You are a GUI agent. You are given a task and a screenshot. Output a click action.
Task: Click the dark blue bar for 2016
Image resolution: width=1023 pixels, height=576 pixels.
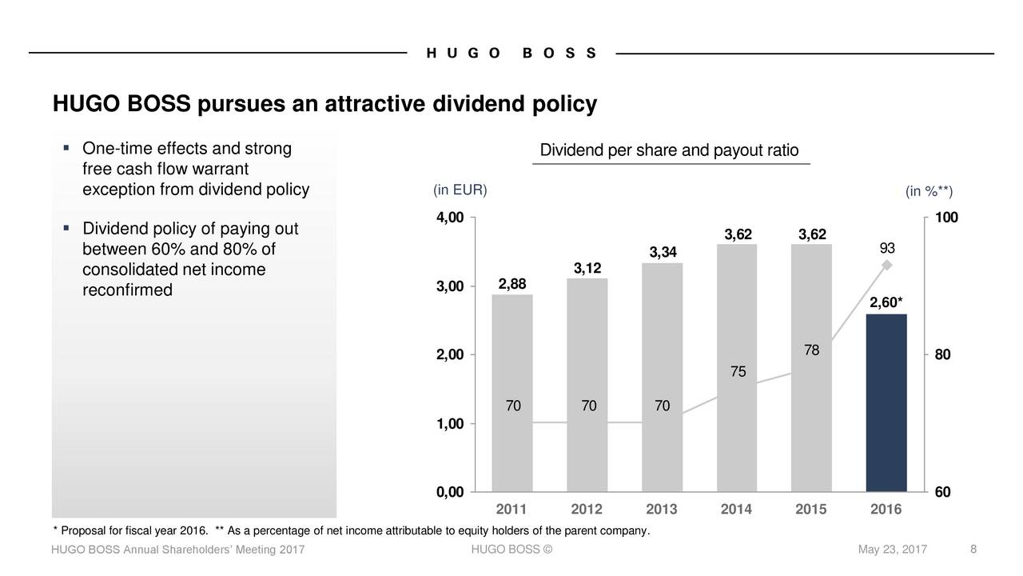[886, 402]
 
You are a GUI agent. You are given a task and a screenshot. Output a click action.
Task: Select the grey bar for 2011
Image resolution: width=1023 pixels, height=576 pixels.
[512, 392]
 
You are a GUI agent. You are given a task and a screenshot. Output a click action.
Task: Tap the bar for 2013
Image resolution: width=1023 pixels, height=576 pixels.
[662, 376]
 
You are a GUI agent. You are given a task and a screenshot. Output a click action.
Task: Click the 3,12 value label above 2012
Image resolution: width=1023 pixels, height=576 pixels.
[587, 266]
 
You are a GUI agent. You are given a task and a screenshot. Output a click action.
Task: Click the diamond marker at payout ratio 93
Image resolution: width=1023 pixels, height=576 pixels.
[886, 266]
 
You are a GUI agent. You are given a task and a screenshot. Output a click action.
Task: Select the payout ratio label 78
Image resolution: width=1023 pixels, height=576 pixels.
[811, 350]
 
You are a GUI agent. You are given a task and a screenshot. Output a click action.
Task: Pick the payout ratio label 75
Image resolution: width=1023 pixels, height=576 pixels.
[738, 372]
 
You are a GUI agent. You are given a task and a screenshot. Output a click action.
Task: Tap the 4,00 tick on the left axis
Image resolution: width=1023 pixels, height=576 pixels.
[449, 218]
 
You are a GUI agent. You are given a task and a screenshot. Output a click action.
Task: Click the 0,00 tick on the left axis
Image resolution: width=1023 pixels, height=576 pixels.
[449, 492]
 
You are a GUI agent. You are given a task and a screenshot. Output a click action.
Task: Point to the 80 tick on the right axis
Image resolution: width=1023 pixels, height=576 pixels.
[942, 355]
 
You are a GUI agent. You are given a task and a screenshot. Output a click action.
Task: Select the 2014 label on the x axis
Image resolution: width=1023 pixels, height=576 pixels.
[736, 510]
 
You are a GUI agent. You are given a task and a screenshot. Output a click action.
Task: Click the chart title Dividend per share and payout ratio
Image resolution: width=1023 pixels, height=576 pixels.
[669, 151]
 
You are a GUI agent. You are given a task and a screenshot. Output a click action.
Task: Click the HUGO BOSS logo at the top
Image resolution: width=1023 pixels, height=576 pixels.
[511, 54]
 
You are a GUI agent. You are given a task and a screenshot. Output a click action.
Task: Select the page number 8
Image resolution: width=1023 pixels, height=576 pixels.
[973, 549]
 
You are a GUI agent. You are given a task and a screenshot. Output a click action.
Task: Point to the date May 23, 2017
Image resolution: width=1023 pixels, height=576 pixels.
[892, 549]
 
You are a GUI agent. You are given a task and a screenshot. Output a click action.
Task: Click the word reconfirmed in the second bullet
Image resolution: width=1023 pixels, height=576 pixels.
[127, 290]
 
